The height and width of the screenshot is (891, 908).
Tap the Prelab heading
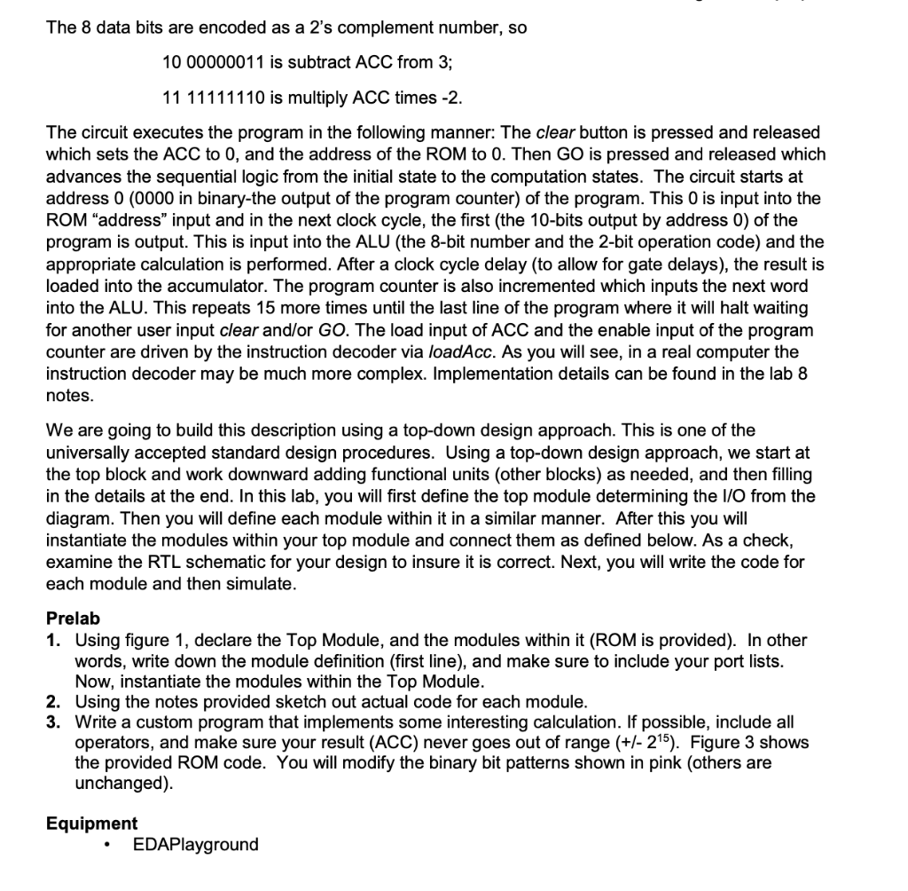73,618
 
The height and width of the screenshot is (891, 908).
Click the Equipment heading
91,823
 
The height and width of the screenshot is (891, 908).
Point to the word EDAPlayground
195,844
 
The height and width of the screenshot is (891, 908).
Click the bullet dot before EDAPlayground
107,845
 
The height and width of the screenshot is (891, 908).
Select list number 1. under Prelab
54,640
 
